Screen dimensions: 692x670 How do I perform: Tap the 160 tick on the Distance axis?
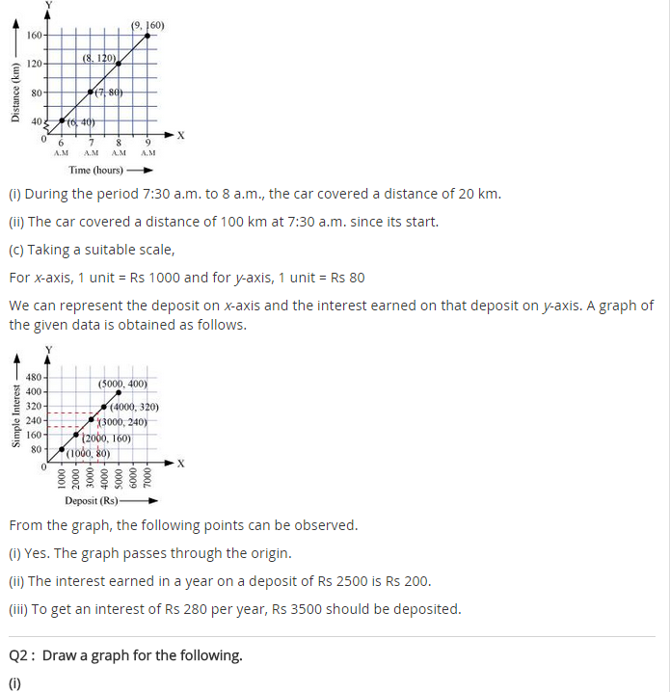tap(34, 36)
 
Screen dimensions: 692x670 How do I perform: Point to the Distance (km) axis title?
tap(14, 93)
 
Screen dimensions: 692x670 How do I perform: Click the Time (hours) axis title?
tap(94, 170)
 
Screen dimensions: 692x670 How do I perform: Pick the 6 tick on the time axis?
tap(61, 144)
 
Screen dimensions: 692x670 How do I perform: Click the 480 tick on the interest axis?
tap(33, 376)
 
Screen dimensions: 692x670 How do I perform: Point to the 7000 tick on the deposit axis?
tap(147, 479)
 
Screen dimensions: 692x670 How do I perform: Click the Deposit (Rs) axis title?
tap(92, 500)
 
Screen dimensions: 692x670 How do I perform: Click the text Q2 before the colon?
tap(20, 655)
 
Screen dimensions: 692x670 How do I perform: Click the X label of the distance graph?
tap(180, 135)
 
